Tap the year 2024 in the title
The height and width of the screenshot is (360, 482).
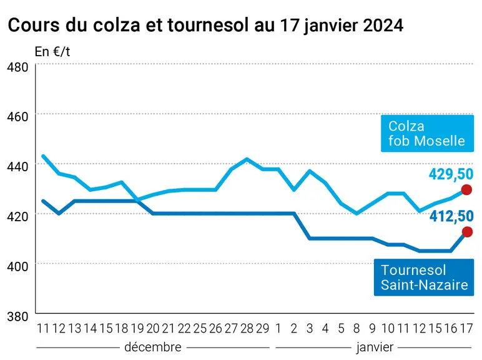[x=383, y=25]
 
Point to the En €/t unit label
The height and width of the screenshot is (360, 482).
[x=52, y=52]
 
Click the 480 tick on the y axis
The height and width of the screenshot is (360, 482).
[x=17, y=67]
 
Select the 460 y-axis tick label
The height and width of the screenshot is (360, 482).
[x=17, y=117]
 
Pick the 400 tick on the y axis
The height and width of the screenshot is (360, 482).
[x=17, y=266]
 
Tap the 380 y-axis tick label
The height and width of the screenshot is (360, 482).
[x=17, y=316]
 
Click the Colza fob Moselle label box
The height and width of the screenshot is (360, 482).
[x=427, y=133]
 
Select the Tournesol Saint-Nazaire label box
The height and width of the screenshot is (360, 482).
[x=424, y=277]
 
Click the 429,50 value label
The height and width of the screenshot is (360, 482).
[x=451, y=174]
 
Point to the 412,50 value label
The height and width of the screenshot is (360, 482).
[x=451, y=216]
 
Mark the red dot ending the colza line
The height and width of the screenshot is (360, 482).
[x=466, y=190]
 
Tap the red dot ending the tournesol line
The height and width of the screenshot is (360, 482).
[x=467, y=232]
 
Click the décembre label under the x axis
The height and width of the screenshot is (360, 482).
[x=153, y=347]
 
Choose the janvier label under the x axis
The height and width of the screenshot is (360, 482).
[x=375, y=347]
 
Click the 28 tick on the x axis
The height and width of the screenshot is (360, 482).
[x=247, y=329]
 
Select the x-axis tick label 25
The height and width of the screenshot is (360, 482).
[x=200, y=329]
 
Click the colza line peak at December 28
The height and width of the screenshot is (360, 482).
[x=247, y=159]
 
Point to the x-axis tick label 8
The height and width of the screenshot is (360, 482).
[x=357, y=329]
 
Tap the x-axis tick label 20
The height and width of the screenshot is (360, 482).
[x=153, y=329]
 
